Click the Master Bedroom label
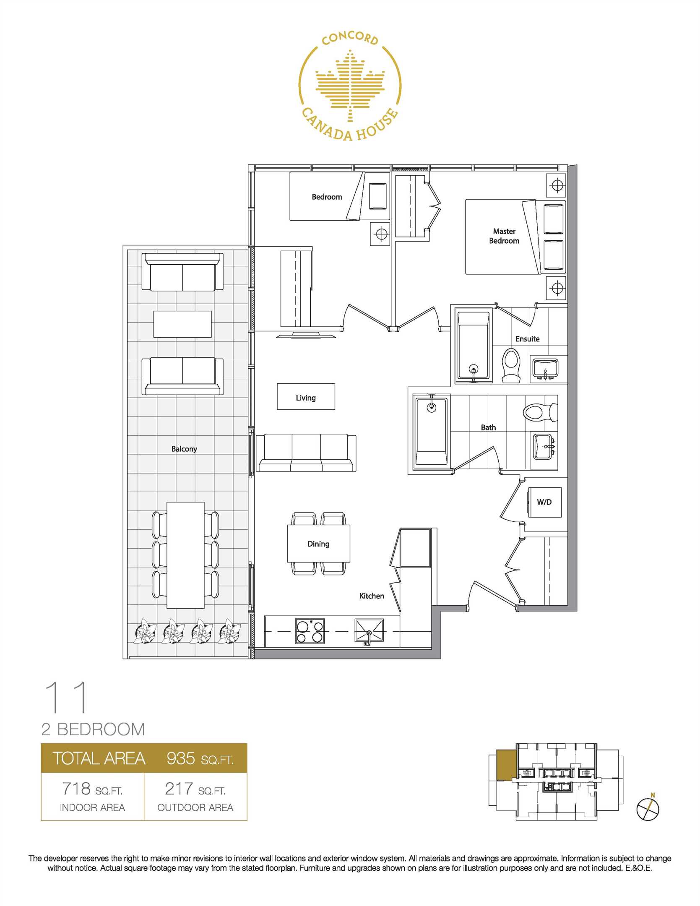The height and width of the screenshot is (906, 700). point(504,236)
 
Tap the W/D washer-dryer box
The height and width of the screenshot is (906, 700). point(544,502)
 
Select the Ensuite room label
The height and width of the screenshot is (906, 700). point(528,338)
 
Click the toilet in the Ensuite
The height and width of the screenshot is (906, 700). point(511,365)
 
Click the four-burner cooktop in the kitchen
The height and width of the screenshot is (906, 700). point(310,631)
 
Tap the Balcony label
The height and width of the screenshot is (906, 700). point(184,449)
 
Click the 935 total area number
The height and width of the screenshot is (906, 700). point(181,758)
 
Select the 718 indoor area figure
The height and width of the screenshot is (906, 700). point(76,789)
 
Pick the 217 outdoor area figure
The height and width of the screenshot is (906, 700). point(179,789)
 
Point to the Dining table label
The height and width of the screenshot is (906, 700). point(318,544)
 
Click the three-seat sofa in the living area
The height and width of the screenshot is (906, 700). point(306,453)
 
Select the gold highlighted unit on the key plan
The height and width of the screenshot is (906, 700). point(506,765)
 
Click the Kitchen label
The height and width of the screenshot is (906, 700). point(372,596)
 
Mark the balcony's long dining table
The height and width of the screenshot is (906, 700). point(185,555)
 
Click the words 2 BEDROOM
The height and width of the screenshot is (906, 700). point(93,729)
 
